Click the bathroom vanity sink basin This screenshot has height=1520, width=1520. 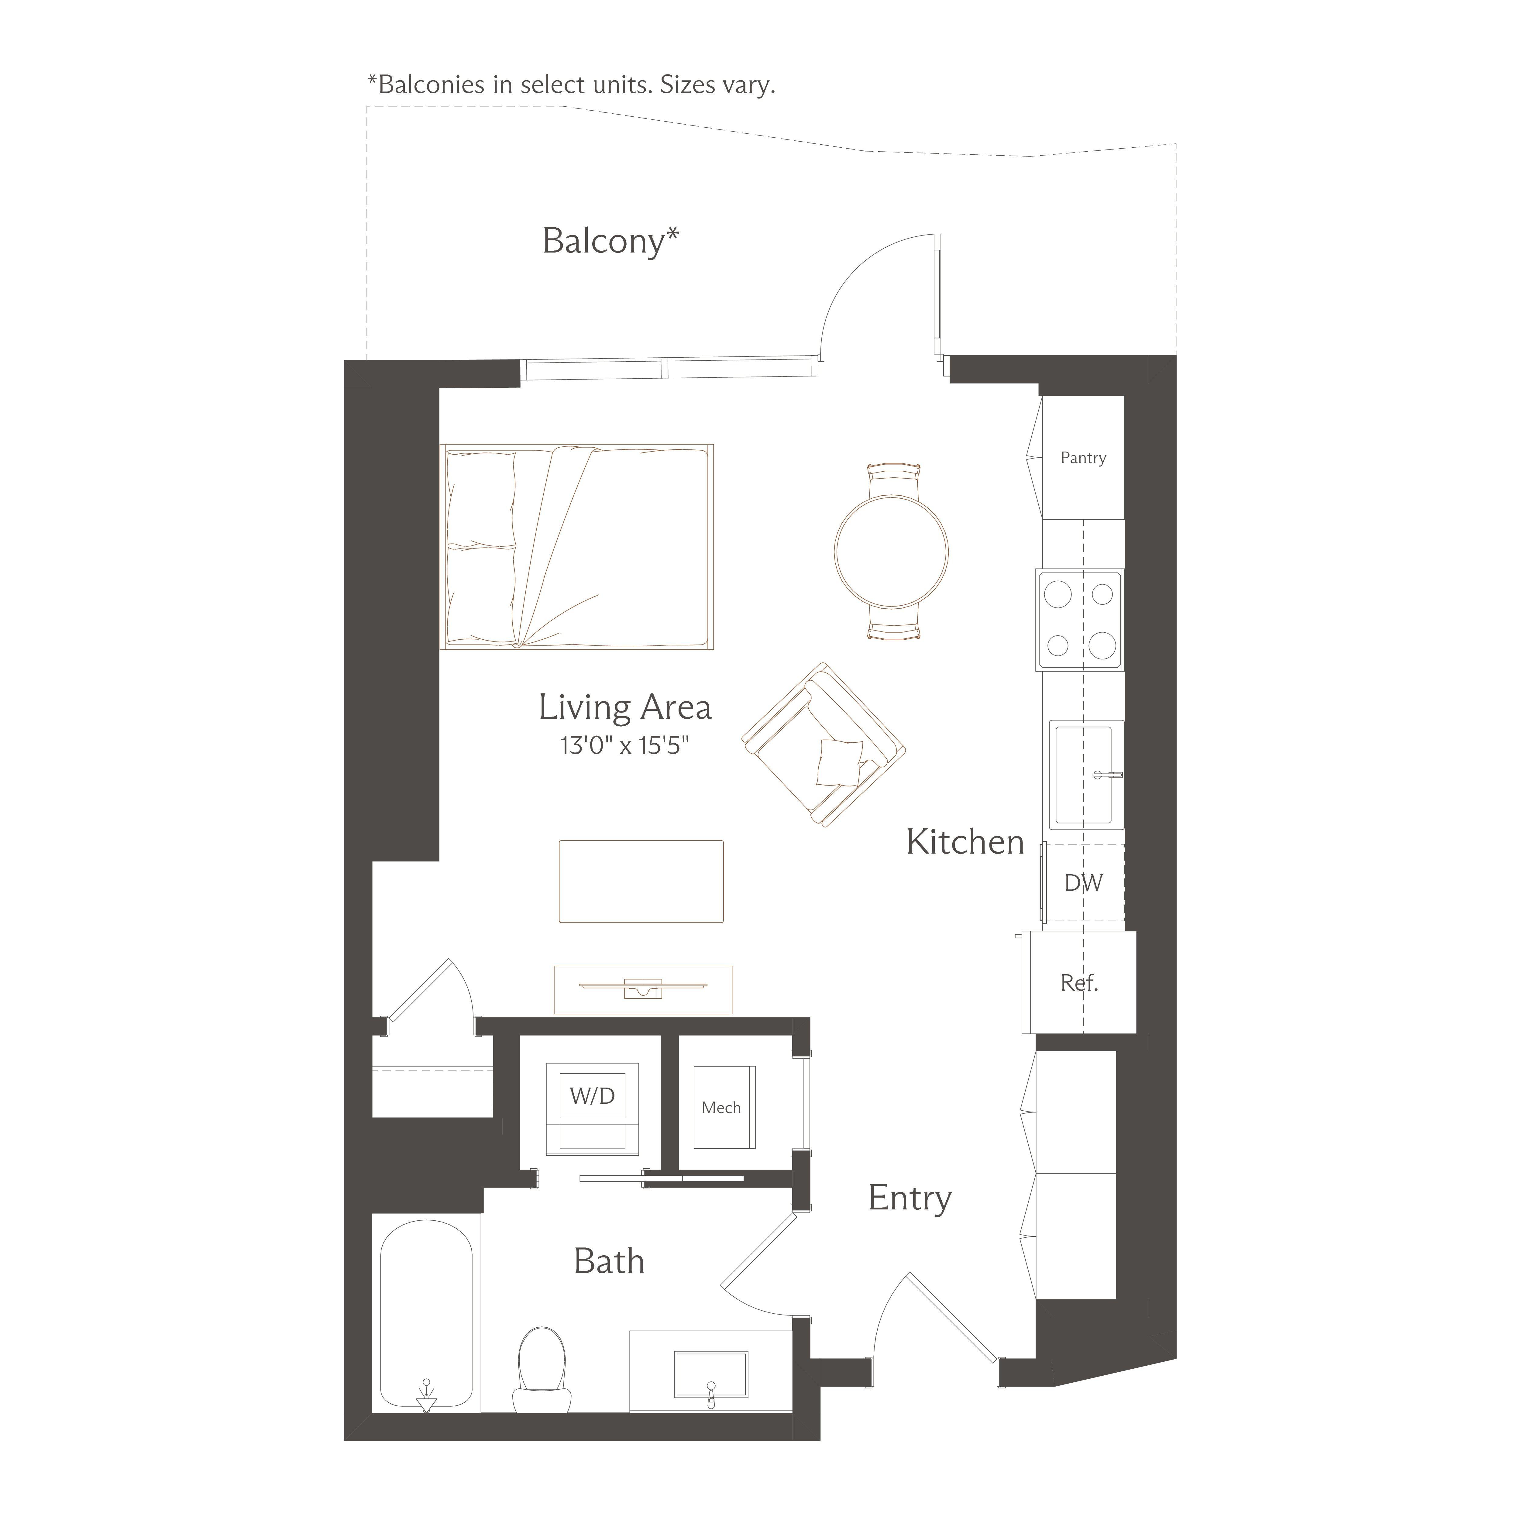tap(710, 1374)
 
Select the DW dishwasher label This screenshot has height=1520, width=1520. tap(1083, 883)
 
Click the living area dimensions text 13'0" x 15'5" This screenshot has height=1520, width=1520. tap(624, 745)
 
